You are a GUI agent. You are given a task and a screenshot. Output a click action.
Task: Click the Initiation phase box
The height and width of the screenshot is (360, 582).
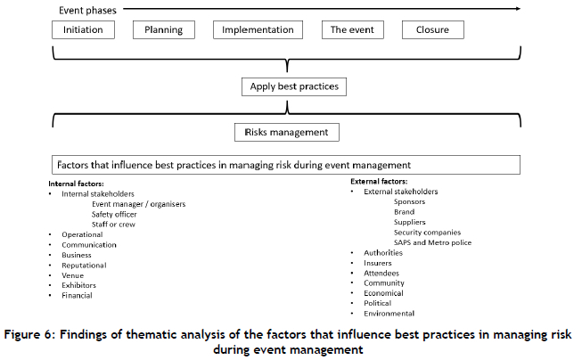point(83,29)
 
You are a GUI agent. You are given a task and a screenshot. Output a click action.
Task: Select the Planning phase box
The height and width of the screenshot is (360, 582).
point(163,29)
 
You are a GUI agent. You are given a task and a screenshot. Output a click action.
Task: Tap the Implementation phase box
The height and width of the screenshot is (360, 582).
point(258,29)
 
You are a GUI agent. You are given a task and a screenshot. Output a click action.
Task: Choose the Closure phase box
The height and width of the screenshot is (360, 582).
point(439,29)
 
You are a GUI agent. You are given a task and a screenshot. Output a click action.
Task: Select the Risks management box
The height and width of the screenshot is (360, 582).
point(287,132)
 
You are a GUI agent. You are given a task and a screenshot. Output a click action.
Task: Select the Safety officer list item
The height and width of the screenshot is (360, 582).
point(113,214)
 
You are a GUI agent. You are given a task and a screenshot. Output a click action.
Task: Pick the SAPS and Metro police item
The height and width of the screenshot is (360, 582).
point(432,242)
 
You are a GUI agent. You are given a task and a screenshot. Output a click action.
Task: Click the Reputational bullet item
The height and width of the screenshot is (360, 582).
point(84,265)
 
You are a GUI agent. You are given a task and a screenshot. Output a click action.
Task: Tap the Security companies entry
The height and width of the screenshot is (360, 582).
point(427,232)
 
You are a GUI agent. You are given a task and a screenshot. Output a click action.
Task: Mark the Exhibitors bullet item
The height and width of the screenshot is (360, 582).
point(79,285)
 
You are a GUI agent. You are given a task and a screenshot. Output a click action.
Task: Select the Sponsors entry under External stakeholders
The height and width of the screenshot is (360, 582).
point(409,201)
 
